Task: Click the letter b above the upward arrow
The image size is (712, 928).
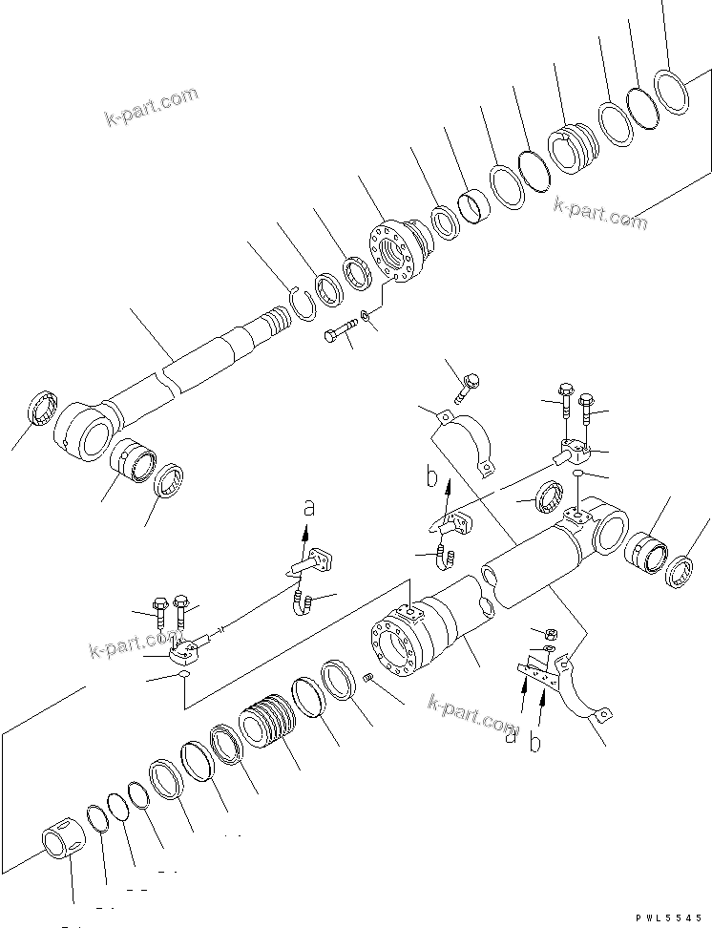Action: pyautogui.click(x=430, y=475)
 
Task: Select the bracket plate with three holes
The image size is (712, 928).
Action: pyautogui.click(x=540, y=673)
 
